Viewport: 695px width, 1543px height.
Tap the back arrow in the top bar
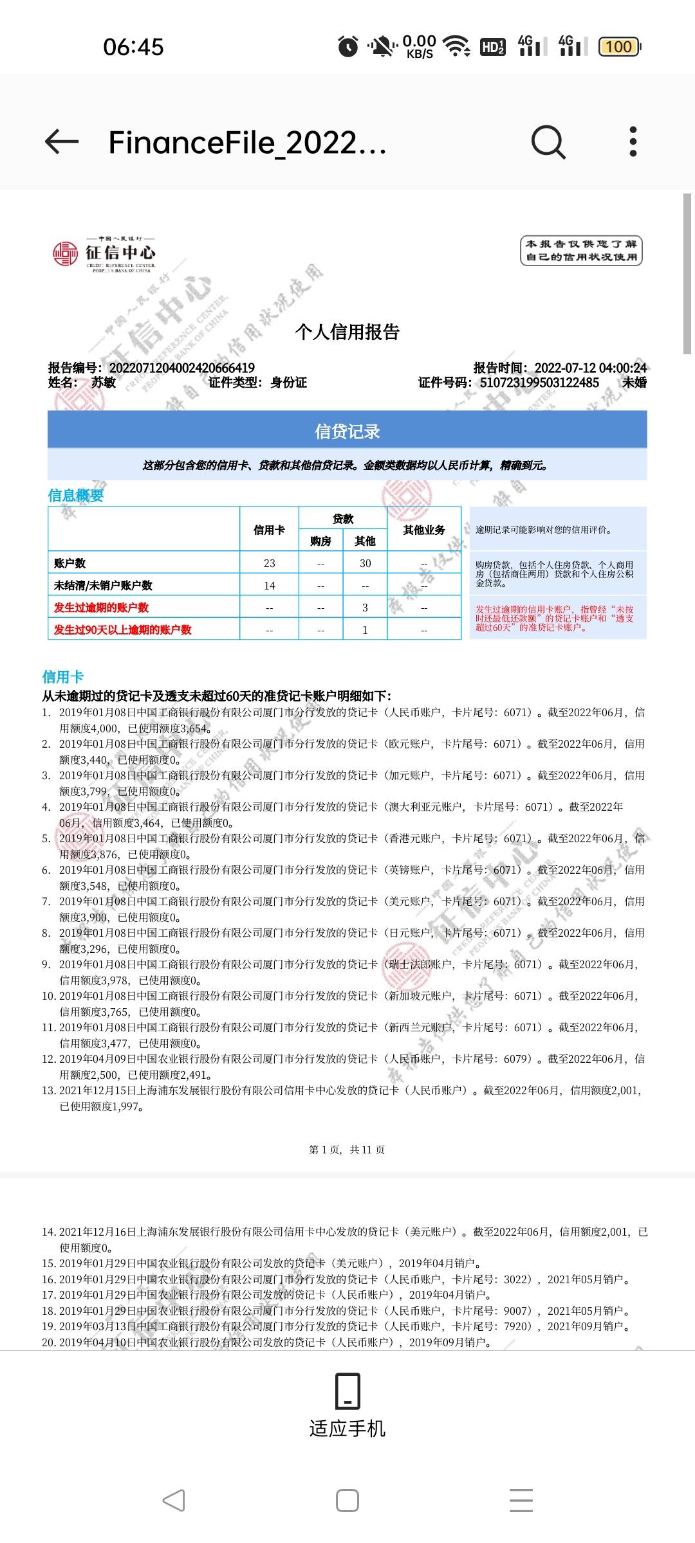coord(62,141)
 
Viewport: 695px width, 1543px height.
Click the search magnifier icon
coord(548,141)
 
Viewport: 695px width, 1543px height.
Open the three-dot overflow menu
coord(633,141)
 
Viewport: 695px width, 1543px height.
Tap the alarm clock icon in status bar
coord(348,46)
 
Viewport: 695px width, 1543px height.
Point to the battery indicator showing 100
coord(619,46)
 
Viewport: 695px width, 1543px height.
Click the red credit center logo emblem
coord(65,253)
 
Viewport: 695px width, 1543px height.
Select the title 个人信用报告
coord(347,332)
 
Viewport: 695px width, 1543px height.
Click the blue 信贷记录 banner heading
coord(347,431)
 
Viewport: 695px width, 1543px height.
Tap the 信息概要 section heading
coord(76,495)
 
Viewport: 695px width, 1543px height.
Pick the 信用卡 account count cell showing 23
coord(269,563)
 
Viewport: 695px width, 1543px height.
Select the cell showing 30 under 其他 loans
coord(365,563)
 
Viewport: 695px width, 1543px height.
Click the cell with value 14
coord(269,586)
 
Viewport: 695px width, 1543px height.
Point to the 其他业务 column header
coord(424,530)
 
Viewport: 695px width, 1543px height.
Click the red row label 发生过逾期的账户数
coord(102,608)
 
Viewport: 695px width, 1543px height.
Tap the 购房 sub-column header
coord(320,541)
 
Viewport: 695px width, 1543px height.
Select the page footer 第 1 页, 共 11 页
coord(347,1150)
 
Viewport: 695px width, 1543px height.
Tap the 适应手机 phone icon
coord(347,1391)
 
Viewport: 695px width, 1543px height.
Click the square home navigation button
coord(347,1501)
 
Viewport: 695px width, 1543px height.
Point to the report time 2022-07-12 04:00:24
coord(590,368)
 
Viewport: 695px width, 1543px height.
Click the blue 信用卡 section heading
coord(63,676)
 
